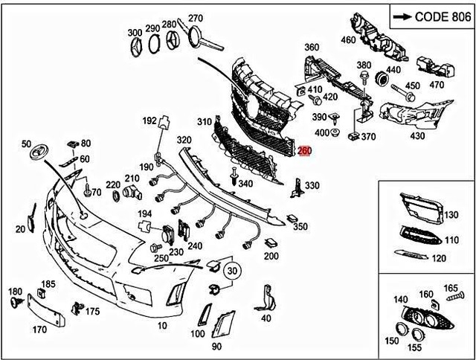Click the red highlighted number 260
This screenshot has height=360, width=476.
pyautogui.click(x=303, y=151)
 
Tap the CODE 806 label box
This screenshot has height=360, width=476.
pyautogui.click(x=429, y=15)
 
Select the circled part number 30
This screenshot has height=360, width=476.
pyautogui.click(x=234, y=271)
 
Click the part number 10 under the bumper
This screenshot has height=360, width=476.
pyautogui.click(x=162, y=326)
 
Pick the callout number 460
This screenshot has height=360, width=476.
pyautogui.click(x=348, y=39)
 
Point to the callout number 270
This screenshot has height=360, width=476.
pyautogui.click(x=195, y=18)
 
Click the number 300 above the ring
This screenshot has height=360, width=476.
pyautogui.click(x=135, y=33)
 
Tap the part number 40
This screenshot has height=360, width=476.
pyautogui.click(x=266, y=318)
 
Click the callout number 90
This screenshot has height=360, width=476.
pyautogui.click(x=216, y=347)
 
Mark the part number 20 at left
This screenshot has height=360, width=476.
pyautogui.click(x=20, y=230)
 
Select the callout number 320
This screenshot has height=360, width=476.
pyautogui.click(x=184, y=139)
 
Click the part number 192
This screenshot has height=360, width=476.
pyautogui.click(x=149, y=119)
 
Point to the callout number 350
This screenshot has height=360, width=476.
pyautogui.click(x=299, y=226)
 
